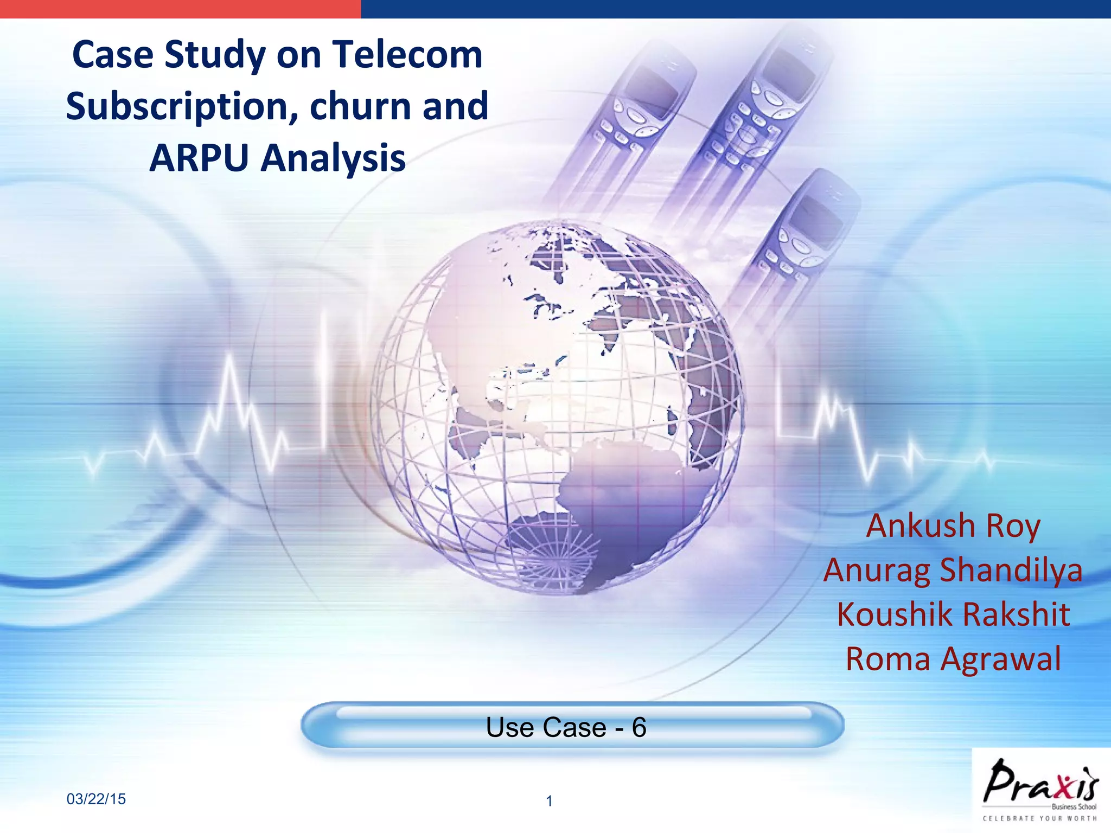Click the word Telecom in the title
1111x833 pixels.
(x=407, y=55)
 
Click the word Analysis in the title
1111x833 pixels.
(x=333, y=159)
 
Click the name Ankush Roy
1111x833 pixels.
(x=953, y=526)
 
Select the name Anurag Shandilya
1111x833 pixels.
(x=953, y=570)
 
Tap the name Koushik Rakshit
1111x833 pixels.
(x=953, y=614)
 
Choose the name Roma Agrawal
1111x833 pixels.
(x=953, y=659)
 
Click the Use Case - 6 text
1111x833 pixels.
(x=566, y=727)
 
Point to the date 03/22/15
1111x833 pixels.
(x=96, y=799)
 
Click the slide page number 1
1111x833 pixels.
(x=549, y=801)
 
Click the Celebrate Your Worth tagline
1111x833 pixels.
(x=1040, y=819)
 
